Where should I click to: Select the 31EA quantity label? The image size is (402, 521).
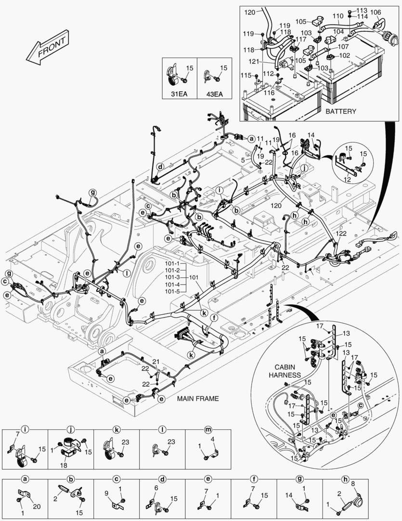pos(180,94)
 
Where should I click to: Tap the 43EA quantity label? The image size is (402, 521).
pos(214,94)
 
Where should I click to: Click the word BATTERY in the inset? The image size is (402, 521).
pos(341,111)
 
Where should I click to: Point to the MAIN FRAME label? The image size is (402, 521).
pos(198,398)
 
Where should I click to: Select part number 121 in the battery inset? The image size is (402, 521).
pos(254,62)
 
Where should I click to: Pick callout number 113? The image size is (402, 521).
pos(362,10)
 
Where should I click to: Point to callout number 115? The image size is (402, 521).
pos(246,75)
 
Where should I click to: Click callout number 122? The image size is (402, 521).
pos(341,233)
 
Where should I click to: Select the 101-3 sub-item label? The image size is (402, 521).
pos(172,277)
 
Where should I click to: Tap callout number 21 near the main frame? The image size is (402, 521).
pos(156,362)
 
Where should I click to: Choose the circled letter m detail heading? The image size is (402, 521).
pos(208,429)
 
